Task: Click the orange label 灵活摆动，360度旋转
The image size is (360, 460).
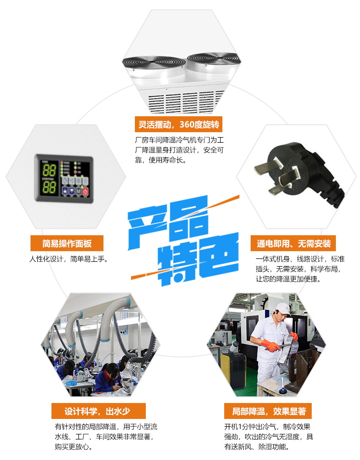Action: (x=179, y=124)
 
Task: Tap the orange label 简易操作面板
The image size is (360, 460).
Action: (x=67, y=243)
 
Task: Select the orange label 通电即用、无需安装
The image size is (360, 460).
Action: (x=293, y=243)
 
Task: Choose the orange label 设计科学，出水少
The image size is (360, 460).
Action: (x=98, y=411)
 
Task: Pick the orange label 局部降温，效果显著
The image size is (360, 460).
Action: (x=268, y=411)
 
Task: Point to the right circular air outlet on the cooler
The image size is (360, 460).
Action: (x=214, y=59)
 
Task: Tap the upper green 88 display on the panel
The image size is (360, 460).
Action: (x=49, y=170)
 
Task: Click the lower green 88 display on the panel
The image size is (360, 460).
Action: (x=49, y=187)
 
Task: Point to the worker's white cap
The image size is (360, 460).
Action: (x=283, y=309)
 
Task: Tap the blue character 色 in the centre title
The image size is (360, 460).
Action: (x=218, y=255)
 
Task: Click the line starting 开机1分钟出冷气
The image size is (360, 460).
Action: (x=267, y=427)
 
